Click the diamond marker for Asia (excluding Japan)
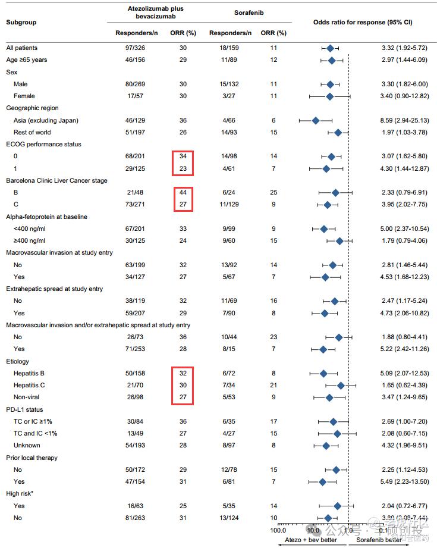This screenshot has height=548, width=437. (x=316, y=120)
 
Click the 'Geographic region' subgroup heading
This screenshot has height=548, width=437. (x=32, y=108)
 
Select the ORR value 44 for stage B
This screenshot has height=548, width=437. (x=183, y=193)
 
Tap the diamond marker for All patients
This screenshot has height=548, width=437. (x=330, y=48)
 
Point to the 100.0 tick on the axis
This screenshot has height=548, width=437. (x=278, y=530)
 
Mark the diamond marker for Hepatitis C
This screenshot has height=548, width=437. (x=341, y=386)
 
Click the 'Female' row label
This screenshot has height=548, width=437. (x=24, y=96)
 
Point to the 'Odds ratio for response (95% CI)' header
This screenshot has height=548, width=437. (x=363, y=22)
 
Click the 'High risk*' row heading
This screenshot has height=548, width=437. (x=21, y=494)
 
